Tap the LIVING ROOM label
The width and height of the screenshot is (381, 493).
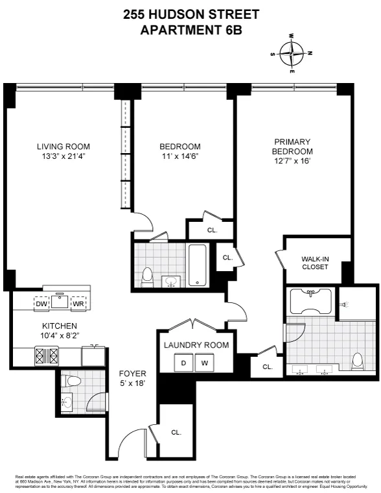pos(63,147)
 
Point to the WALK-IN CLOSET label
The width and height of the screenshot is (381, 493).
pos(315,263)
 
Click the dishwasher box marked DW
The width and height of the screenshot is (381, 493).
pos(41,304)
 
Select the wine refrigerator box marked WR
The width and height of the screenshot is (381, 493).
pos(78,304)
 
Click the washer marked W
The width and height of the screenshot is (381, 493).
pos(204,363)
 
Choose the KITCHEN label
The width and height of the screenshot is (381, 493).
pos(60,326)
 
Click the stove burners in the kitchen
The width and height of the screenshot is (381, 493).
pos(46,356)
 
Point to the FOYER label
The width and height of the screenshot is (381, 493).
pos(133,374)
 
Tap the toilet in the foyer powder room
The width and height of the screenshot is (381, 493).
pos(73,381)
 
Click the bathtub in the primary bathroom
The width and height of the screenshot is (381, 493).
pos(312,300)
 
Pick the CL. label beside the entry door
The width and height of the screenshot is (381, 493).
pos(176,431)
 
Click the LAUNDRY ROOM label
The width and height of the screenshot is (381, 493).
pos(196,345)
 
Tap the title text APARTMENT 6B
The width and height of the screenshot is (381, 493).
pos(190,29)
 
